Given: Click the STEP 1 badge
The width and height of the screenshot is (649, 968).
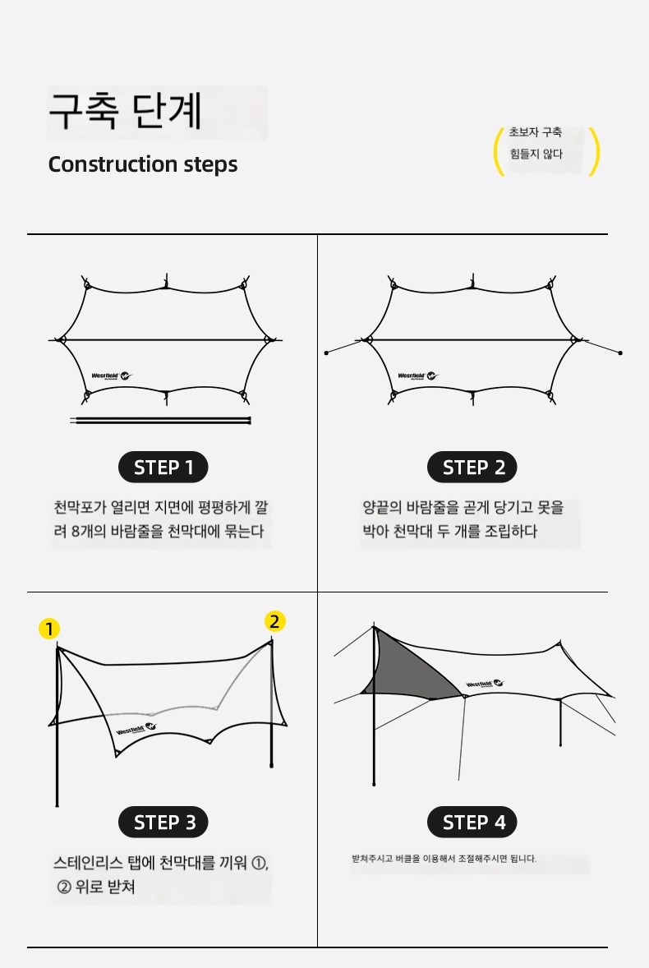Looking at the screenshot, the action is point(163,468).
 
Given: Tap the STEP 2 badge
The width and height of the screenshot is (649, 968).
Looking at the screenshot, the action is point(472,468).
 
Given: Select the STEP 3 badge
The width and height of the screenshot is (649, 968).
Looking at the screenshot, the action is point(163,823).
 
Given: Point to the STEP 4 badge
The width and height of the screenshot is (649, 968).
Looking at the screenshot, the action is point(472,823).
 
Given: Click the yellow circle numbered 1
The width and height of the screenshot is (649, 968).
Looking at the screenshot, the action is point(48,629).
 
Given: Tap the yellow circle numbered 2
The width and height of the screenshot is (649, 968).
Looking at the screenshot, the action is point(274,621).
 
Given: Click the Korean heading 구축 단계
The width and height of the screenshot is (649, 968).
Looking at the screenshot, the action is point(125,112).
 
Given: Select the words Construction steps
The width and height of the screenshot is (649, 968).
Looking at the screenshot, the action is point(142,164).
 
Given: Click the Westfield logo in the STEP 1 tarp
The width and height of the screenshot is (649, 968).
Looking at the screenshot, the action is point(112,376).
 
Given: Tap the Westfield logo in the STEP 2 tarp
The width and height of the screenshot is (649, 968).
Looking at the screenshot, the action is point(417,376).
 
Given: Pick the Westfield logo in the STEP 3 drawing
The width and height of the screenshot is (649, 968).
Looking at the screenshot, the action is point(136,729).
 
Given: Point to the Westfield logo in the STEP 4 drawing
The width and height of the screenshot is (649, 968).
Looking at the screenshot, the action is point(485,684).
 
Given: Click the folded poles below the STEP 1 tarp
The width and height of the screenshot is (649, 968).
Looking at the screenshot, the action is point(160,421).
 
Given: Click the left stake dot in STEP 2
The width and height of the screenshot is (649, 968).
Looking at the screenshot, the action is point(326,353).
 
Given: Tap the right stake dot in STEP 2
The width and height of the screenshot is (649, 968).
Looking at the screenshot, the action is point(620,353).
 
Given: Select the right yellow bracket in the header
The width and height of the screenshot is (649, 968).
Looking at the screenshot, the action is point(596,151).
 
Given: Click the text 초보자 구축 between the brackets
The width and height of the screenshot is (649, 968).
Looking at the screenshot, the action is point(536,132).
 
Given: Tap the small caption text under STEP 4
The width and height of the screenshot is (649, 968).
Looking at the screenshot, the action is point(444,858).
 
